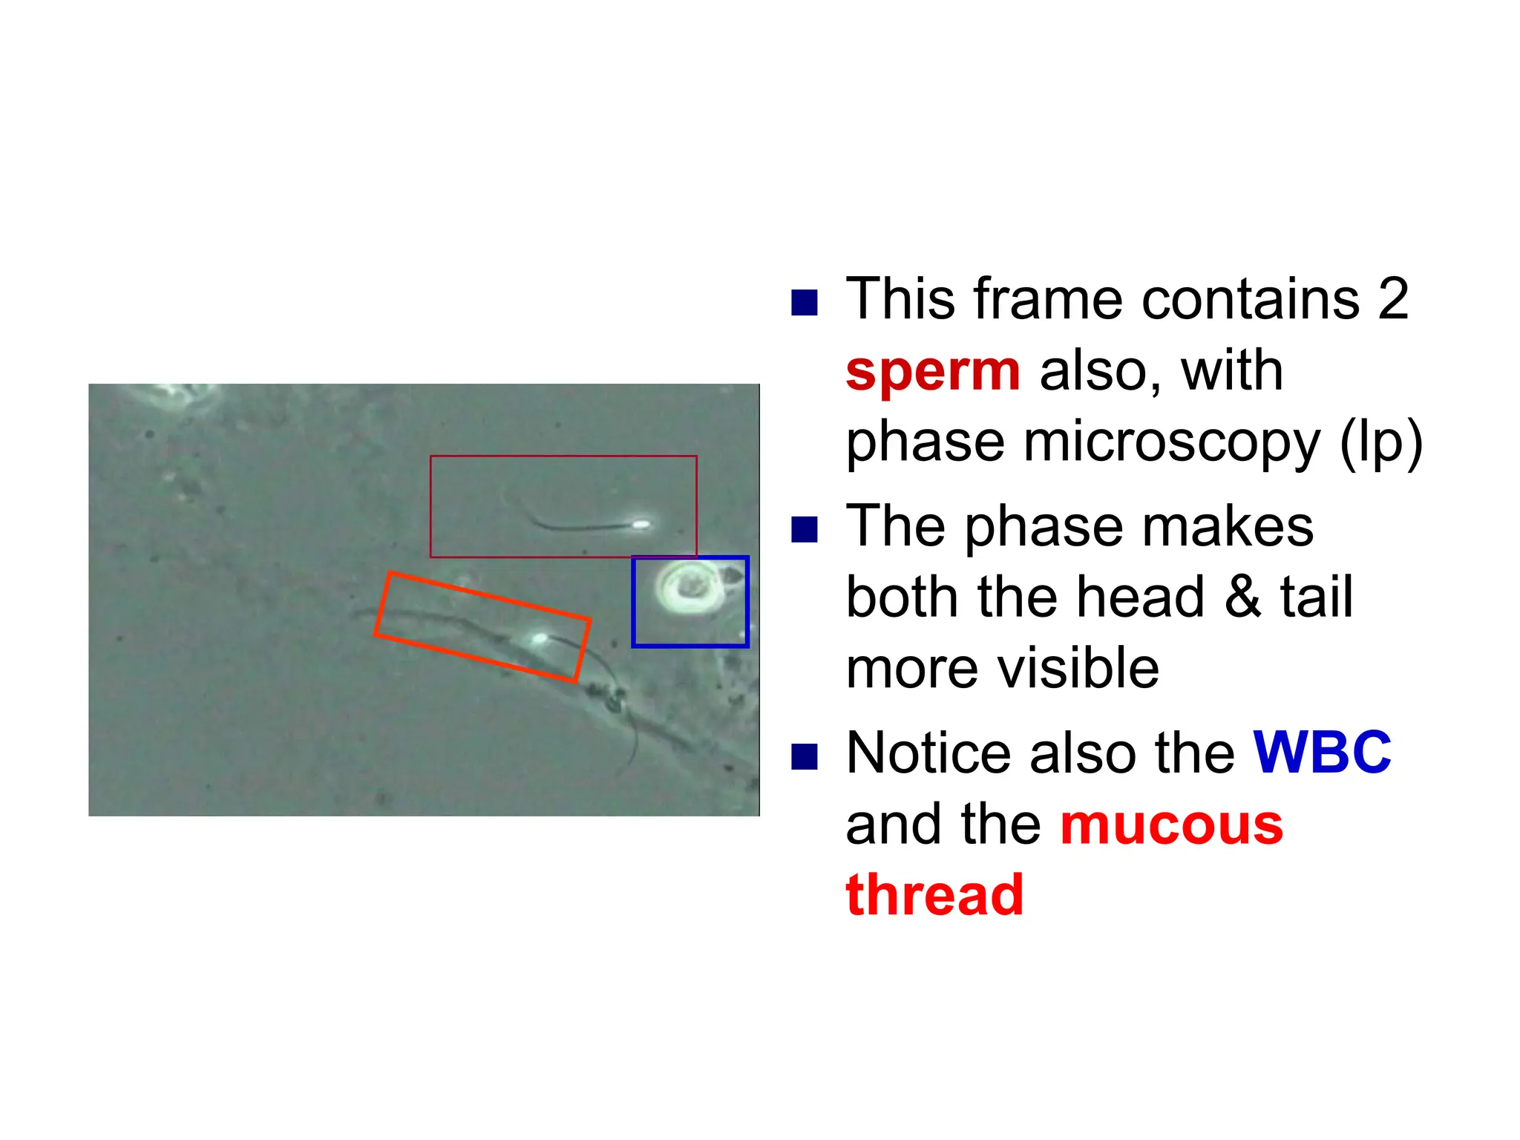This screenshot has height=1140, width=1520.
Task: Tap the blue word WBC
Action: [1322, 753]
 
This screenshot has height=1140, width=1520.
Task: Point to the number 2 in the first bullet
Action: [1392, 299]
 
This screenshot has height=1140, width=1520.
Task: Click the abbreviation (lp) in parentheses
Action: [1381, 443]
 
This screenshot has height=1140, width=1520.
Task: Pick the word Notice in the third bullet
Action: [928, 753]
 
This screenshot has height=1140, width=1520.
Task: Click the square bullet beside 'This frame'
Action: [805, 303]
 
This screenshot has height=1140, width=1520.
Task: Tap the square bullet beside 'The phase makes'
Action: [805, 530]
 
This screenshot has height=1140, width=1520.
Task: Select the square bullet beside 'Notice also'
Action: [805, 757]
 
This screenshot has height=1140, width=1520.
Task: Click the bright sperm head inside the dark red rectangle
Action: [641, 525]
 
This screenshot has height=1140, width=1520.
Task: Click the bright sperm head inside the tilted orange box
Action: [539, 638]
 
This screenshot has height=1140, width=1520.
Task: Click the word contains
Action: [1250, 299]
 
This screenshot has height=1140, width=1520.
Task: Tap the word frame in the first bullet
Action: [1048, 299]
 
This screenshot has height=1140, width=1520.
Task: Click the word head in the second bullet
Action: [1141, 597]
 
